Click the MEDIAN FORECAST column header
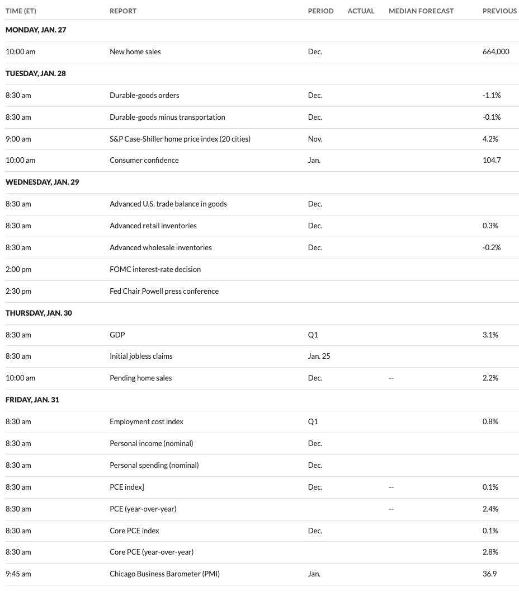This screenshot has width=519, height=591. (421, 11)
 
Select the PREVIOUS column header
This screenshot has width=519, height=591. (499, 11)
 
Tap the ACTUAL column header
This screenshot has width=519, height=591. (361, 11)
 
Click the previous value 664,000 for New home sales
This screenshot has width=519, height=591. (496, 51)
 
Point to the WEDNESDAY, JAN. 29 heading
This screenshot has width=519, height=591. (42, 182)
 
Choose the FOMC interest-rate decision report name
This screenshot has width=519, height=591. (155, 269)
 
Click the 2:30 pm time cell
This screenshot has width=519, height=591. (18, 291)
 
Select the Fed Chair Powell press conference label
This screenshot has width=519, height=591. (164, 291)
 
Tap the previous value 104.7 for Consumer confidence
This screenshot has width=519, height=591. (491, 160)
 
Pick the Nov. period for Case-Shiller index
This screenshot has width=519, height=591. (315, 139)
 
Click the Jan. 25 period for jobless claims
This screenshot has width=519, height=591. (319, 356)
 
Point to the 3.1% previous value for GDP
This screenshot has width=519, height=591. (490, 335)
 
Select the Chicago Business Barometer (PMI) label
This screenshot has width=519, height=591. (168, 573)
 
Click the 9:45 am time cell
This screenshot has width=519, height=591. (18, 573)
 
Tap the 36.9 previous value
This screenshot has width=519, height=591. (489, 573)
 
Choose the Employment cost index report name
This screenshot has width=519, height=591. (147, 421)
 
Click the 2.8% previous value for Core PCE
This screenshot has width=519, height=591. (490, 552)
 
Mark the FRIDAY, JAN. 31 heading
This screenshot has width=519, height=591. (32, 400)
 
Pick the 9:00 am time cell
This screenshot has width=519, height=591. (18, 139)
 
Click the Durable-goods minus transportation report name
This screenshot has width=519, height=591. (167, 117)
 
